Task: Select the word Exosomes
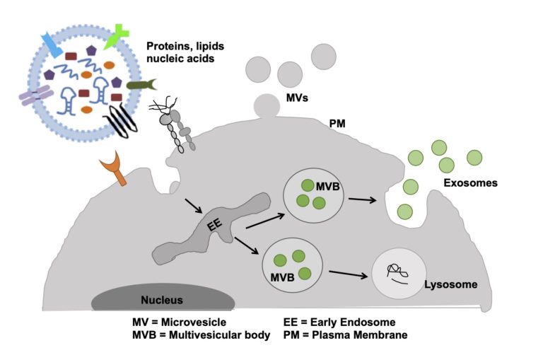click(x=470, y=183)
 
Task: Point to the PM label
click(x=337, y=124)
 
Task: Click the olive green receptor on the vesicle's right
click(x=142, y=85)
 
